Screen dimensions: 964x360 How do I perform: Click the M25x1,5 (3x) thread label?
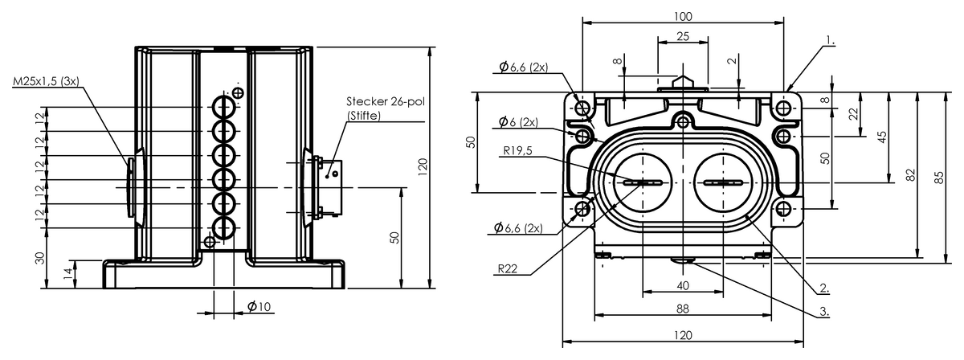(x=46, y=81)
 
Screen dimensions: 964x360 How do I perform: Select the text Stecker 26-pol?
(x=386, y=101)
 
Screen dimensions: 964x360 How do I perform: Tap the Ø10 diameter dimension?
(x=259, y=307)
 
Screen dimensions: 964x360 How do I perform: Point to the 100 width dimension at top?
(x=683, y=17)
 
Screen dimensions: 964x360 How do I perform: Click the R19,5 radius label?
(x=517, y=151)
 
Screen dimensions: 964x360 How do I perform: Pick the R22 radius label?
(x=508, y=269)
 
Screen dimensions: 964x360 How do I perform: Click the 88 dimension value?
(x=683, y=309)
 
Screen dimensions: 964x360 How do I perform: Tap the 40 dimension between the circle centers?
(x=683, y=285)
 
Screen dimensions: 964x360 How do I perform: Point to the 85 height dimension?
(x=938, y=178)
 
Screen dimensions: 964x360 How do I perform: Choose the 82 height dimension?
(x=910, y=175)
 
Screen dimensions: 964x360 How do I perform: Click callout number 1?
(x=830, y=41)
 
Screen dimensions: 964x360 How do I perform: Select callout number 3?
(x=824, y=311)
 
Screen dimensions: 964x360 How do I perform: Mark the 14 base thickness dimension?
(x=68, y=274)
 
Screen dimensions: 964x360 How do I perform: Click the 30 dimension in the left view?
(x=40, y=259)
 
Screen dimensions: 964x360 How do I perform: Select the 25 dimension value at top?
(x=683, y=37)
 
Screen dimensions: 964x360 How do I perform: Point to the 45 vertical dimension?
(x=882, y=137)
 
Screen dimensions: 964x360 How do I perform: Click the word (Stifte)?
(x=364, y=116)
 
